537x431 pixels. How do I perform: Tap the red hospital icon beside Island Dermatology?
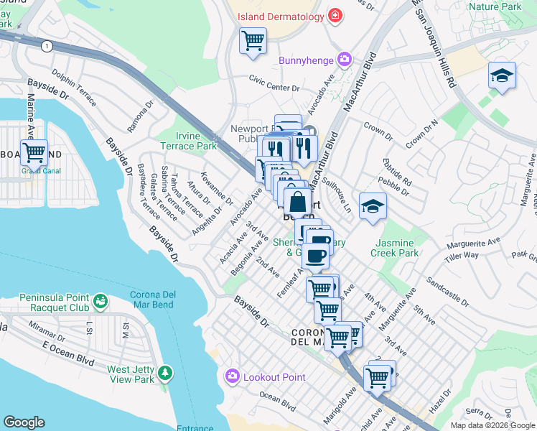point(335,15)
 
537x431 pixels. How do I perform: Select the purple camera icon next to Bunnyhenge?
point(345,58)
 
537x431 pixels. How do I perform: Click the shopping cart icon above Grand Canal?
point(34,152)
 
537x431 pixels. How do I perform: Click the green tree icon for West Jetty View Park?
point(166,373)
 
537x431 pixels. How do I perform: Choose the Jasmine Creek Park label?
point(394,248)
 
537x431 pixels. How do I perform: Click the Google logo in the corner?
point(24,422)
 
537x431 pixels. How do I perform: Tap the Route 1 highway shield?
point(47,46)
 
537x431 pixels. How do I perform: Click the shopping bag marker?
point(297,202)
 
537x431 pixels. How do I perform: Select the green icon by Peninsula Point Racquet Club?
point(100,299)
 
